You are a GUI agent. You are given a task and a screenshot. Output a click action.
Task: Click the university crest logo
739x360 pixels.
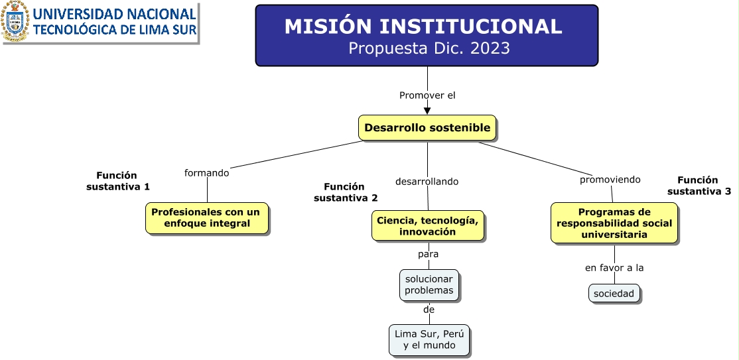click(15, 21)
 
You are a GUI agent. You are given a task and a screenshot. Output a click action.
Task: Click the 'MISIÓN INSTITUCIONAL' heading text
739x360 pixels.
click(423, 27)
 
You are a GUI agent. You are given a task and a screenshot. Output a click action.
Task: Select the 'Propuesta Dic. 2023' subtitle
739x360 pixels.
click(429, 48)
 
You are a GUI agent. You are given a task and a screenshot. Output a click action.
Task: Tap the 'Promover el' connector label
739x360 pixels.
click(427, 95)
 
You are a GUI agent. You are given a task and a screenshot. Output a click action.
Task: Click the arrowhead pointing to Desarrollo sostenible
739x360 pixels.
click(427, 111)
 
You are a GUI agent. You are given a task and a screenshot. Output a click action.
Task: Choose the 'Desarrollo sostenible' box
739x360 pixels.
click(427, 128)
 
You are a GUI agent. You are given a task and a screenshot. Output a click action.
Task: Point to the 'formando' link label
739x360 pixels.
click(206, 173)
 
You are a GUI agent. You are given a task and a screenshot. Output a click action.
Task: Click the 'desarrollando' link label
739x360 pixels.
click(427, 182)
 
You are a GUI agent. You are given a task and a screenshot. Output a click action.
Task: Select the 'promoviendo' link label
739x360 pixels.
click(610, 180)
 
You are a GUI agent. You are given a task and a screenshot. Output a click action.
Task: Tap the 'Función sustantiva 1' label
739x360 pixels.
click(118, 181)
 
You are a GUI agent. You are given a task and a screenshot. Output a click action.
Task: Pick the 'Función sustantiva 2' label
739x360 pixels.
click(346, 192)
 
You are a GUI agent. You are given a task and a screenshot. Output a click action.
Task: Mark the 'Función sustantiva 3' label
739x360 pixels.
click(699, 186)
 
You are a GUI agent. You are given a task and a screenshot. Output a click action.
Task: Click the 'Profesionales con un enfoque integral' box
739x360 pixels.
click(207, 218)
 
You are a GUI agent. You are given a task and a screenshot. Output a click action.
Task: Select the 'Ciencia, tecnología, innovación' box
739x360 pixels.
click(428, 225)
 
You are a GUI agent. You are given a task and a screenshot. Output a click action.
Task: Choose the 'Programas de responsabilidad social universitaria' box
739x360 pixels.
click(614, 223)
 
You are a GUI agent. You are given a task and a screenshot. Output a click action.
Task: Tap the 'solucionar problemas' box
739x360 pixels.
click(429, 285)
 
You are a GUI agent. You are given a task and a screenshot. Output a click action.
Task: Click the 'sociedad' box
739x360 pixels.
click(614, 294)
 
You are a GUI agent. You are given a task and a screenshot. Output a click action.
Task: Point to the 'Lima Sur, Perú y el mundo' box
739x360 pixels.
click(429, 339)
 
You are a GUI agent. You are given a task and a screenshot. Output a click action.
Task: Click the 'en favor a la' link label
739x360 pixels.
click(614, 268)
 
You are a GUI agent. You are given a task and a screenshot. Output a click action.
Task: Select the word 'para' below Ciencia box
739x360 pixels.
click(428, 254)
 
